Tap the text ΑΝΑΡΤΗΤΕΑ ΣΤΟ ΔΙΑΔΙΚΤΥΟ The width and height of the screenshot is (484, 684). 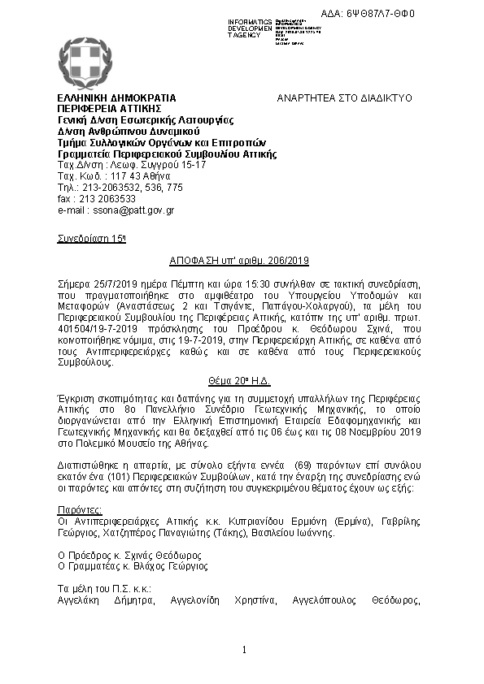coord(345,97)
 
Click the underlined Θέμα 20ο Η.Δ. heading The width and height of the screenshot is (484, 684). coord(241,380)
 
